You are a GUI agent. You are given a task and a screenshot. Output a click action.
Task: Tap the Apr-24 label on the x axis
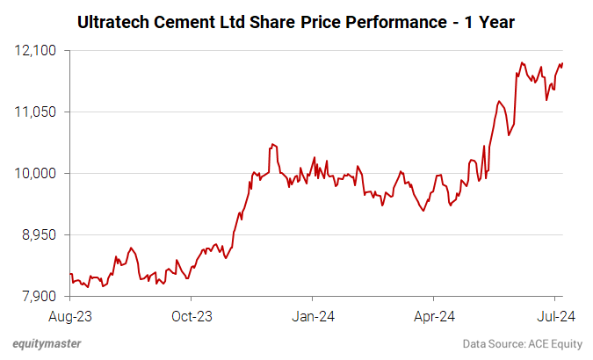[x=434, y=315]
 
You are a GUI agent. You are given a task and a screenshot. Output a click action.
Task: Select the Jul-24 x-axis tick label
[x=555, y=315]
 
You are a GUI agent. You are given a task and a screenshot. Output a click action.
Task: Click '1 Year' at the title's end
[x=487, y=21]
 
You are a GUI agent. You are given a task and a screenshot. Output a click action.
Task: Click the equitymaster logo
[x=48, y=343]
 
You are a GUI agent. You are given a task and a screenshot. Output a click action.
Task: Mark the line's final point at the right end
[x=562, y=63]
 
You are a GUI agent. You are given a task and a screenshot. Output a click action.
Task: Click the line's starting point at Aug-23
[x=70, y=274]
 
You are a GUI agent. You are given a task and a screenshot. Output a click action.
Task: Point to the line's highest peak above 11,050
[x=522, y=62]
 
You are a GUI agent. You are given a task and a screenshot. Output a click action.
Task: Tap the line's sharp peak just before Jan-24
[x=273, y=143]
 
